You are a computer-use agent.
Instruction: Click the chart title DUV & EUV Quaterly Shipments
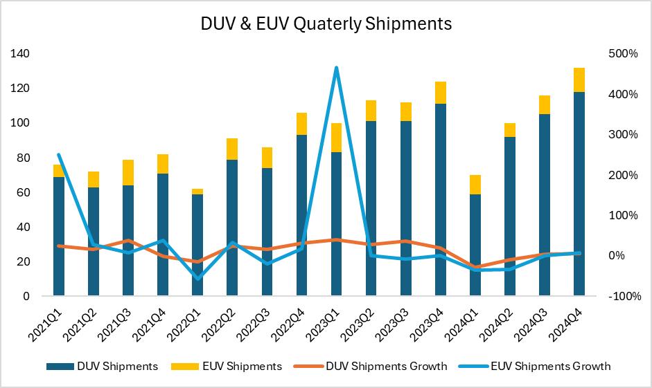pos(326,24)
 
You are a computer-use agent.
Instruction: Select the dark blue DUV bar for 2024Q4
pos(579,194)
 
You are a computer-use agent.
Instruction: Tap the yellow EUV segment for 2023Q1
pos(336,138)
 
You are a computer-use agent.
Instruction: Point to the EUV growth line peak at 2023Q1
pos(336,68)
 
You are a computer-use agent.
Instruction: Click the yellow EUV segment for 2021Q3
pos(128,172)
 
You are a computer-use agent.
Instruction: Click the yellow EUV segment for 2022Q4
pos(301,124)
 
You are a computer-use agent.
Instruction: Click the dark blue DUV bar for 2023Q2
pos(371,208)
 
